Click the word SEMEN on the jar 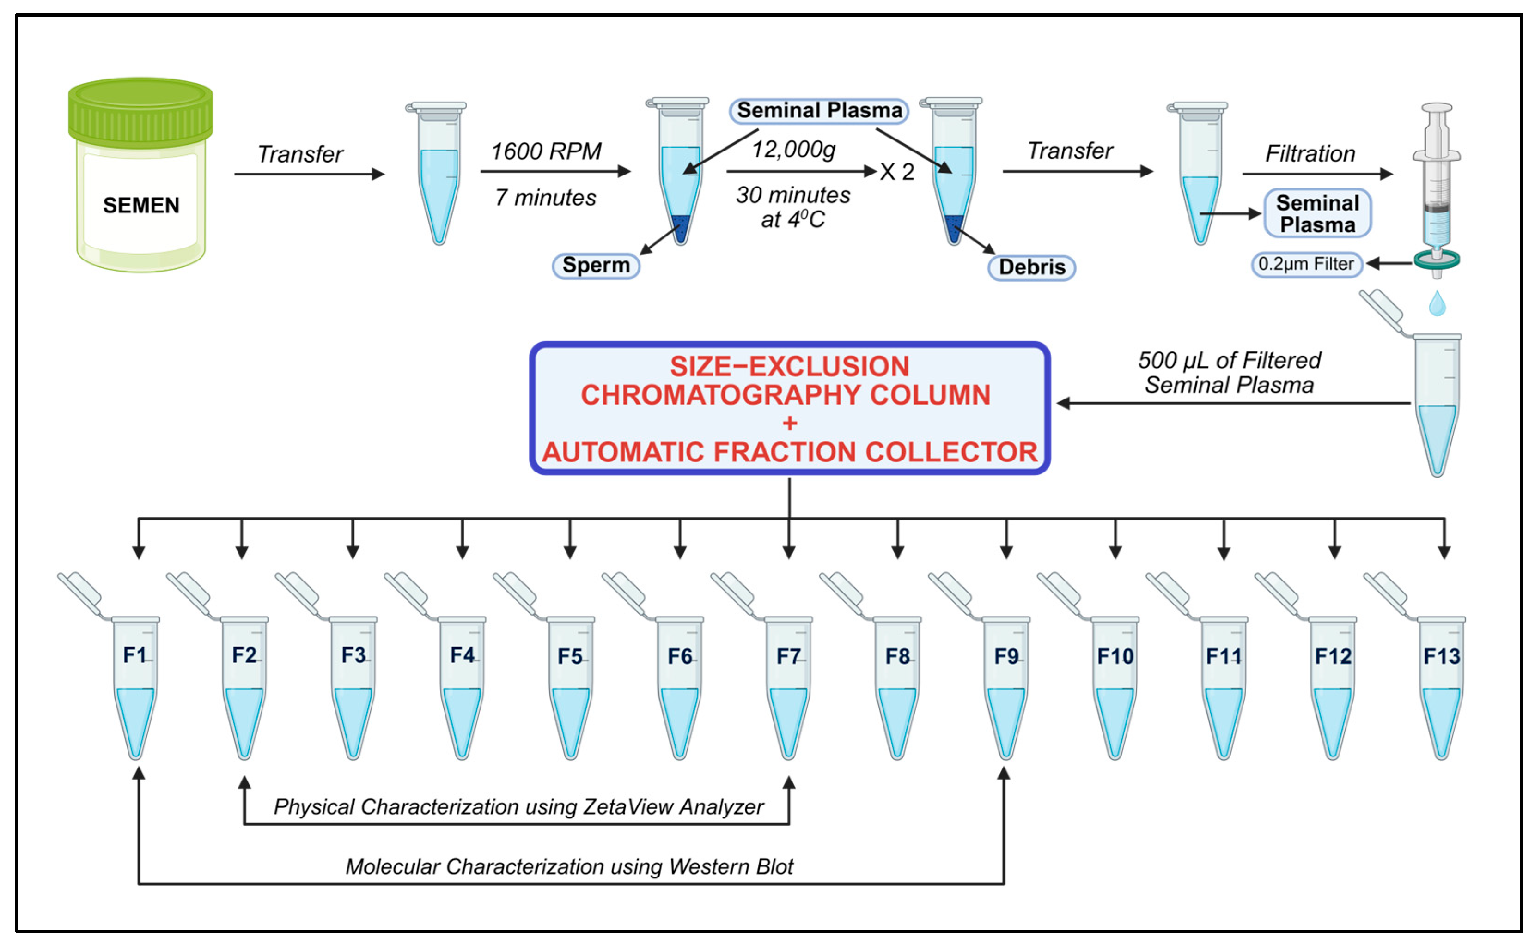coord(141,205)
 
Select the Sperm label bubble coord(595,265)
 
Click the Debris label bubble coord(1031,267)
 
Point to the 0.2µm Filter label coord(1305,264)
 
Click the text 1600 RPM coord(546,151)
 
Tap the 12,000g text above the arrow coord(793,150)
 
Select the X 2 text coord(897,171)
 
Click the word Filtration coord(1310,153)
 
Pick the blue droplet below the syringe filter coord(1437,304)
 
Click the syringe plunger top coord(1437,108)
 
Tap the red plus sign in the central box coord(790,423)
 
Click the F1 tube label coord(134,655)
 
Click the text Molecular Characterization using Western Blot coord(569,866)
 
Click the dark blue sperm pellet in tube coord(680,227)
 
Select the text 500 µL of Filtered coord(1229,360)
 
